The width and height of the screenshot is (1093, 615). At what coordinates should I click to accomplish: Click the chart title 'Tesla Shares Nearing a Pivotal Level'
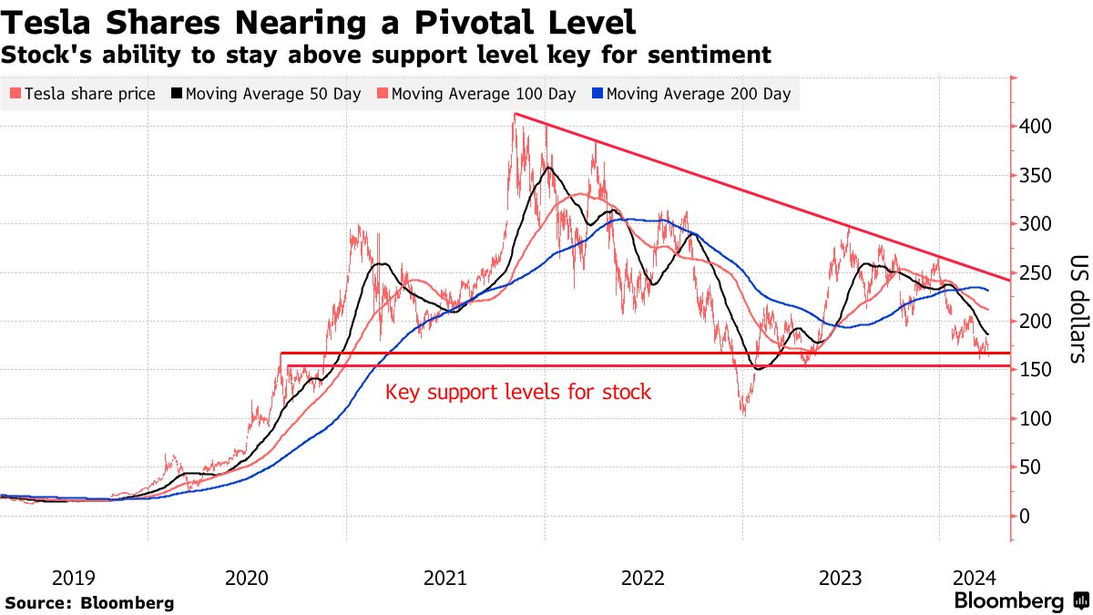(319, 20)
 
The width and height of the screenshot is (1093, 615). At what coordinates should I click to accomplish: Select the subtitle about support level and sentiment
(386, 55)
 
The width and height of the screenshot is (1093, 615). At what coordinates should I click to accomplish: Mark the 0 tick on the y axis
(1027, 517)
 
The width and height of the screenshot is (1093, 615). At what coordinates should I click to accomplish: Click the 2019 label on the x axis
(73, 578)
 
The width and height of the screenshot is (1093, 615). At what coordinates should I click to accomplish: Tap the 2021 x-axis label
(446, 578)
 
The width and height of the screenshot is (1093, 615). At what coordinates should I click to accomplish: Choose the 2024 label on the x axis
(975, 578)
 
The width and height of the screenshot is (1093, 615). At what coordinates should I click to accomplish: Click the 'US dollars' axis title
(1077, 309)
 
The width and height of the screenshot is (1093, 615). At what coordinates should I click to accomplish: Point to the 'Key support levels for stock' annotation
(518, 393)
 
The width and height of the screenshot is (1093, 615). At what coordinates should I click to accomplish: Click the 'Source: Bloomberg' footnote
(89, 602)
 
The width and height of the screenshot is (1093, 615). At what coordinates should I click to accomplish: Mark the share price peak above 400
(516, 115)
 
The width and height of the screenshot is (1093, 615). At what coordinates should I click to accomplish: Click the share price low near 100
(744, 415)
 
